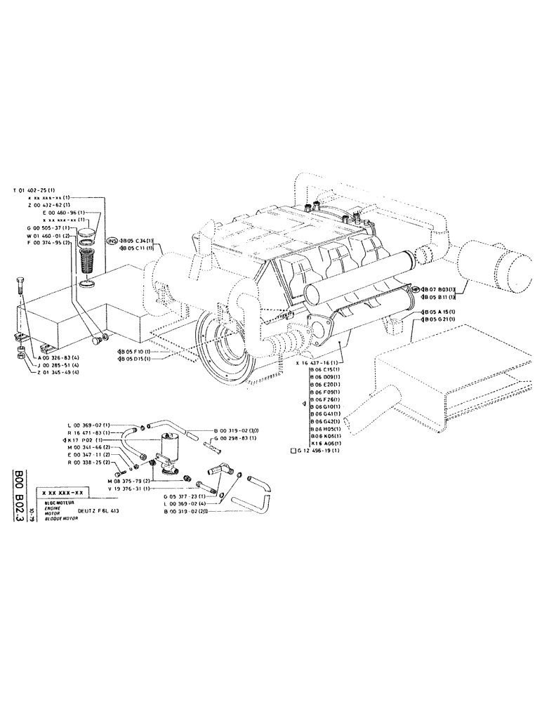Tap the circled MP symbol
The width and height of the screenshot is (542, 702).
coord(416,289)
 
